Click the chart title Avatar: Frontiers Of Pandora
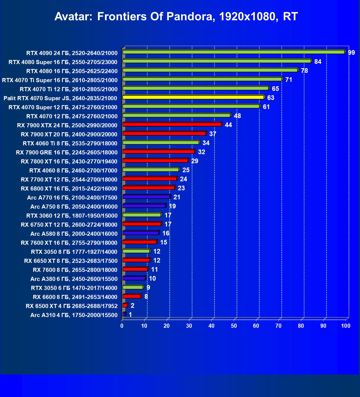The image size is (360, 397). [176, 17]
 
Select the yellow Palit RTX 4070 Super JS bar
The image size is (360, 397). [193, 97]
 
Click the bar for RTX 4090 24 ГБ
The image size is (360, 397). [233, 52]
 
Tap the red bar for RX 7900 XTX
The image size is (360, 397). [172, 124]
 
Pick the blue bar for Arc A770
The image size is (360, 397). [146, 197]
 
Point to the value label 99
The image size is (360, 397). [351, 53]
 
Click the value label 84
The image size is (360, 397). [318, 62]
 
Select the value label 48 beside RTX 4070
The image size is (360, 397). [237, 116]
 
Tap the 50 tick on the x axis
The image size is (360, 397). [234, 326]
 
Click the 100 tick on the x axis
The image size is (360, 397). [346, 326]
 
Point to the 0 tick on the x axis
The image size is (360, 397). [122, 326]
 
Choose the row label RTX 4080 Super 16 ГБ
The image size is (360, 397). [63, 62]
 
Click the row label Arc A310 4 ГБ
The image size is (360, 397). [74, 315]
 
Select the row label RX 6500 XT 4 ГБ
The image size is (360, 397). [72, 306]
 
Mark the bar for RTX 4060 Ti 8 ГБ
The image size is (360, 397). [161, 142]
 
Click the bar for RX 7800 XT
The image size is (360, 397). [155, 160]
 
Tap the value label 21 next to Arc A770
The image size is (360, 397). [177, 197]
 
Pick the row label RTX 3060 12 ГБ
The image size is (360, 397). [72, 216]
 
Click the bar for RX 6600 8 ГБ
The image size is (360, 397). [132, 296]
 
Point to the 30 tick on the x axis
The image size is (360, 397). [189, 326]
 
